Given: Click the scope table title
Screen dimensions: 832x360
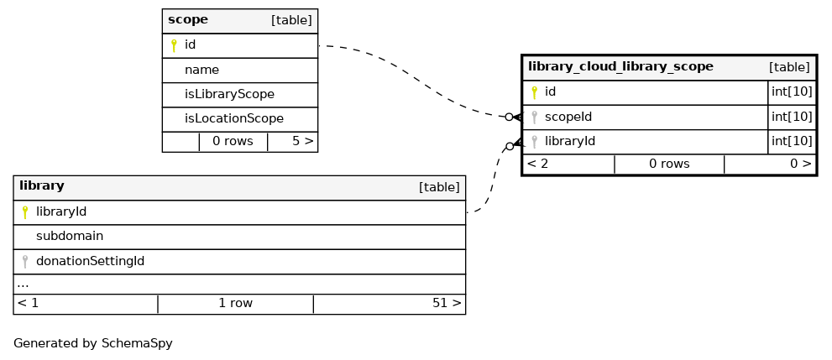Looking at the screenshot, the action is [x=188, y=20].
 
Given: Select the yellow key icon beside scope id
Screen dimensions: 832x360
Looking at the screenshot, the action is [x=173, y=45].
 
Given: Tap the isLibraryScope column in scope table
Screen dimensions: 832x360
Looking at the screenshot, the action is [x=229, y=94].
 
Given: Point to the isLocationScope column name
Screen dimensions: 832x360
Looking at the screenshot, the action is [x=234, y=119].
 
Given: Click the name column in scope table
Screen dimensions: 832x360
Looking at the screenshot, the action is [x=201, y=70].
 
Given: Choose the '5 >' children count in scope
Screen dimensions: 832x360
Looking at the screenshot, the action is [x=302, y=142].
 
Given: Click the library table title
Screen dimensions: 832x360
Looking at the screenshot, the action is [x=41, y=186].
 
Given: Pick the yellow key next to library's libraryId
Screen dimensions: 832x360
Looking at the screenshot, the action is [x=24, y=212].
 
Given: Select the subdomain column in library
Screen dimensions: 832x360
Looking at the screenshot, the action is [x=70, y=236].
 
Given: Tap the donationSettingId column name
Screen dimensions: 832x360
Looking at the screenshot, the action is [x=90, y=261].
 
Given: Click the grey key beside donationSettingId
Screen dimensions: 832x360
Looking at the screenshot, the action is [x=24, y=261].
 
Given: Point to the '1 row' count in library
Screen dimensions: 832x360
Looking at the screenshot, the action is [x=236, y=303].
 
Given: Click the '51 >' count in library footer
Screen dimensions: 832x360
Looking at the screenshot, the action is [x=447, y=303].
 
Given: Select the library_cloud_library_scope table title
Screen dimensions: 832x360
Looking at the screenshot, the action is [x=620, y=67].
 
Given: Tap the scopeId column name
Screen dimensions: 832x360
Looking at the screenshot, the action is [x=568, y=117].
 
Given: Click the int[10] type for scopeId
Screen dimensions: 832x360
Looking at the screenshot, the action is [x=792, y=117].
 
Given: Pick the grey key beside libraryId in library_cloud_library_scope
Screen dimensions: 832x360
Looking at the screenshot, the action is [x=534, y=142].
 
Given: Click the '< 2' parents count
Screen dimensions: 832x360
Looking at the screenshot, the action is [x=537, y=164].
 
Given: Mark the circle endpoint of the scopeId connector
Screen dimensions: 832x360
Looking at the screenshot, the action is [x=509, y=117].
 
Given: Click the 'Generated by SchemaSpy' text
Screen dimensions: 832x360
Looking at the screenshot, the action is [x=93, y=343].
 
